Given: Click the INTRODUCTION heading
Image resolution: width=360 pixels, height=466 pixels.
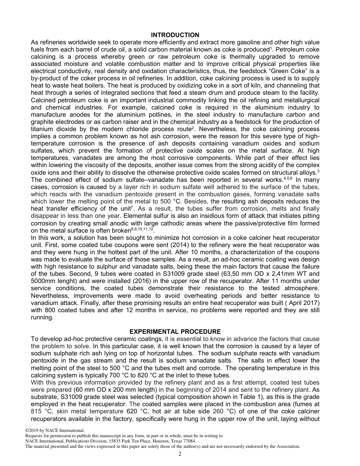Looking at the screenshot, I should tap(175, 35).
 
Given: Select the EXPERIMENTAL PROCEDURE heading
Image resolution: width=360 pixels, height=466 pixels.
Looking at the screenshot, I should tap(175, 332).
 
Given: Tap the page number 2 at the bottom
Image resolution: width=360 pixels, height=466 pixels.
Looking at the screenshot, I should tap(180, 454).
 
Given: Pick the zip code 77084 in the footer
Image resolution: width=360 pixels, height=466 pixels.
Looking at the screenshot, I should tap(189, 441).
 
